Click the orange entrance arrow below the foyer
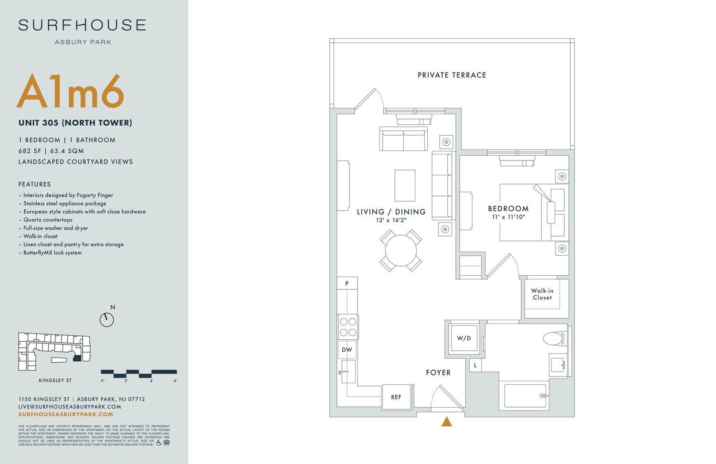pyautogui.click(x=447, y=421)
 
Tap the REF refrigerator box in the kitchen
pyautogui.click(x=396, y=397)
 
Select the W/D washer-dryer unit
pyautogui.click(x=464, y=338)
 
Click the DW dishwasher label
pyautogui.click(x=347, y=350)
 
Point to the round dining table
pyautogui.click(x=401, y=250)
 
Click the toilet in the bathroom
pyautogui.click(x=553, y=339)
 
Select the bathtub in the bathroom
pyautogui.click(x=525, y=396)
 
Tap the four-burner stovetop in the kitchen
pyautogui.click(x=348, y=327)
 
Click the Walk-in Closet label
pyautogui.click(x=542, y=294)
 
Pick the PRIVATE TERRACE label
pyautogui.click(x=452, y=75)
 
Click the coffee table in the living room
pyautogui.click(x=405, y=185)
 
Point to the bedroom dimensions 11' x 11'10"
pyautogui.click(x=508, y=217)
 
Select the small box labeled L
pyautogui.click(x=475, y=365)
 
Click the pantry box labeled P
pyautogui.click(x=347, y=283)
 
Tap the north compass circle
pyautogui.click(x=106, y=320)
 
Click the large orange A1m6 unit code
pyautogui.click(x=71, y=92)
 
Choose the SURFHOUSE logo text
pyautogui.click(x=83, y=25)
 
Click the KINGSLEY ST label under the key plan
pyautogui.click(x=55, y=380)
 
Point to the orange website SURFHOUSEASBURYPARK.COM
pyautogui.click(x=66, y=414)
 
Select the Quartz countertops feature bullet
pyautogui.click(x=48, y=220)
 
